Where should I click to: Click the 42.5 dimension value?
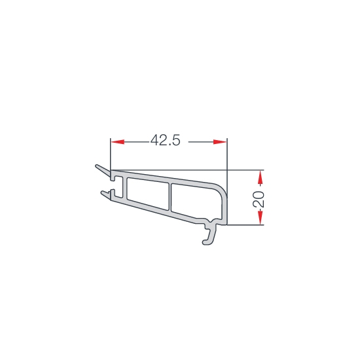(166, 140)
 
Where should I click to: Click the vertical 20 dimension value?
(259, 199)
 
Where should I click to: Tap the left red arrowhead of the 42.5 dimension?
(118, 142)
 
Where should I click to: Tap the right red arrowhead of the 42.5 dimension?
(220, 142)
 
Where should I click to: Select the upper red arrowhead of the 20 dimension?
(260, 177)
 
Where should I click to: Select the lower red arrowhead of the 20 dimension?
(260, 218)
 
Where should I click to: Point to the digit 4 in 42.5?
(154, 140)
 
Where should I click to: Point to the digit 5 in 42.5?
(176, 140)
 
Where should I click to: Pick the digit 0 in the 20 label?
(259, 194)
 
